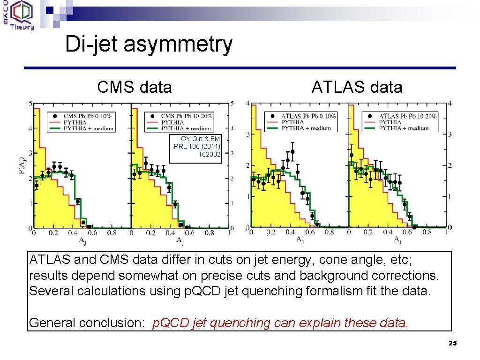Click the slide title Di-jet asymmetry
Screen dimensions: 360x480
149,45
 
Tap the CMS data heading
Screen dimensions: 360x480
135,87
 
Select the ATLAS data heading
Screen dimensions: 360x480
357,87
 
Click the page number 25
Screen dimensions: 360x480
452,344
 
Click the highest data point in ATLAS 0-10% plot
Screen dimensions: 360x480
292,151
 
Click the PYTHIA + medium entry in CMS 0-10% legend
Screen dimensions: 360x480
88,128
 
